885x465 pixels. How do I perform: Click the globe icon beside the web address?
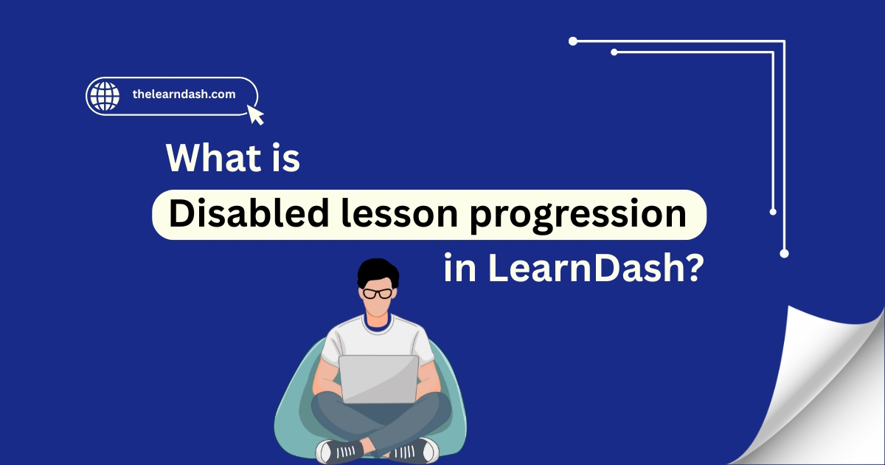105,96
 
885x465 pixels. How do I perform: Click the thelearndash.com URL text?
184,94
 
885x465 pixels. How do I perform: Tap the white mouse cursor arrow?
255,114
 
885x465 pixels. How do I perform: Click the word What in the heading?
213,158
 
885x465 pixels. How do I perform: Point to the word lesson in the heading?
400,213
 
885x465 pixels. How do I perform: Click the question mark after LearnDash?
694,268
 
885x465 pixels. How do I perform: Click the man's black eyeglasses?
378,294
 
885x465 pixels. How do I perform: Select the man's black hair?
378,272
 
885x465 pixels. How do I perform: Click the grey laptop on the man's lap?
378,379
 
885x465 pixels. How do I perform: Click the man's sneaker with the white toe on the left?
339,452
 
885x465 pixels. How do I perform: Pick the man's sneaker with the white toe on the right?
414,450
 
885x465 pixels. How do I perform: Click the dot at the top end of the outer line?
573,41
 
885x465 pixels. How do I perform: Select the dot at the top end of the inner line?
614,52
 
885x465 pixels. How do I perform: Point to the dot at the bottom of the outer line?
784,253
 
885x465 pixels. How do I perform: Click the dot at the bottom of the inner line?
773,212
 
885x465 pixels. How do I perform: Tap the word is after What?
286,159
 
